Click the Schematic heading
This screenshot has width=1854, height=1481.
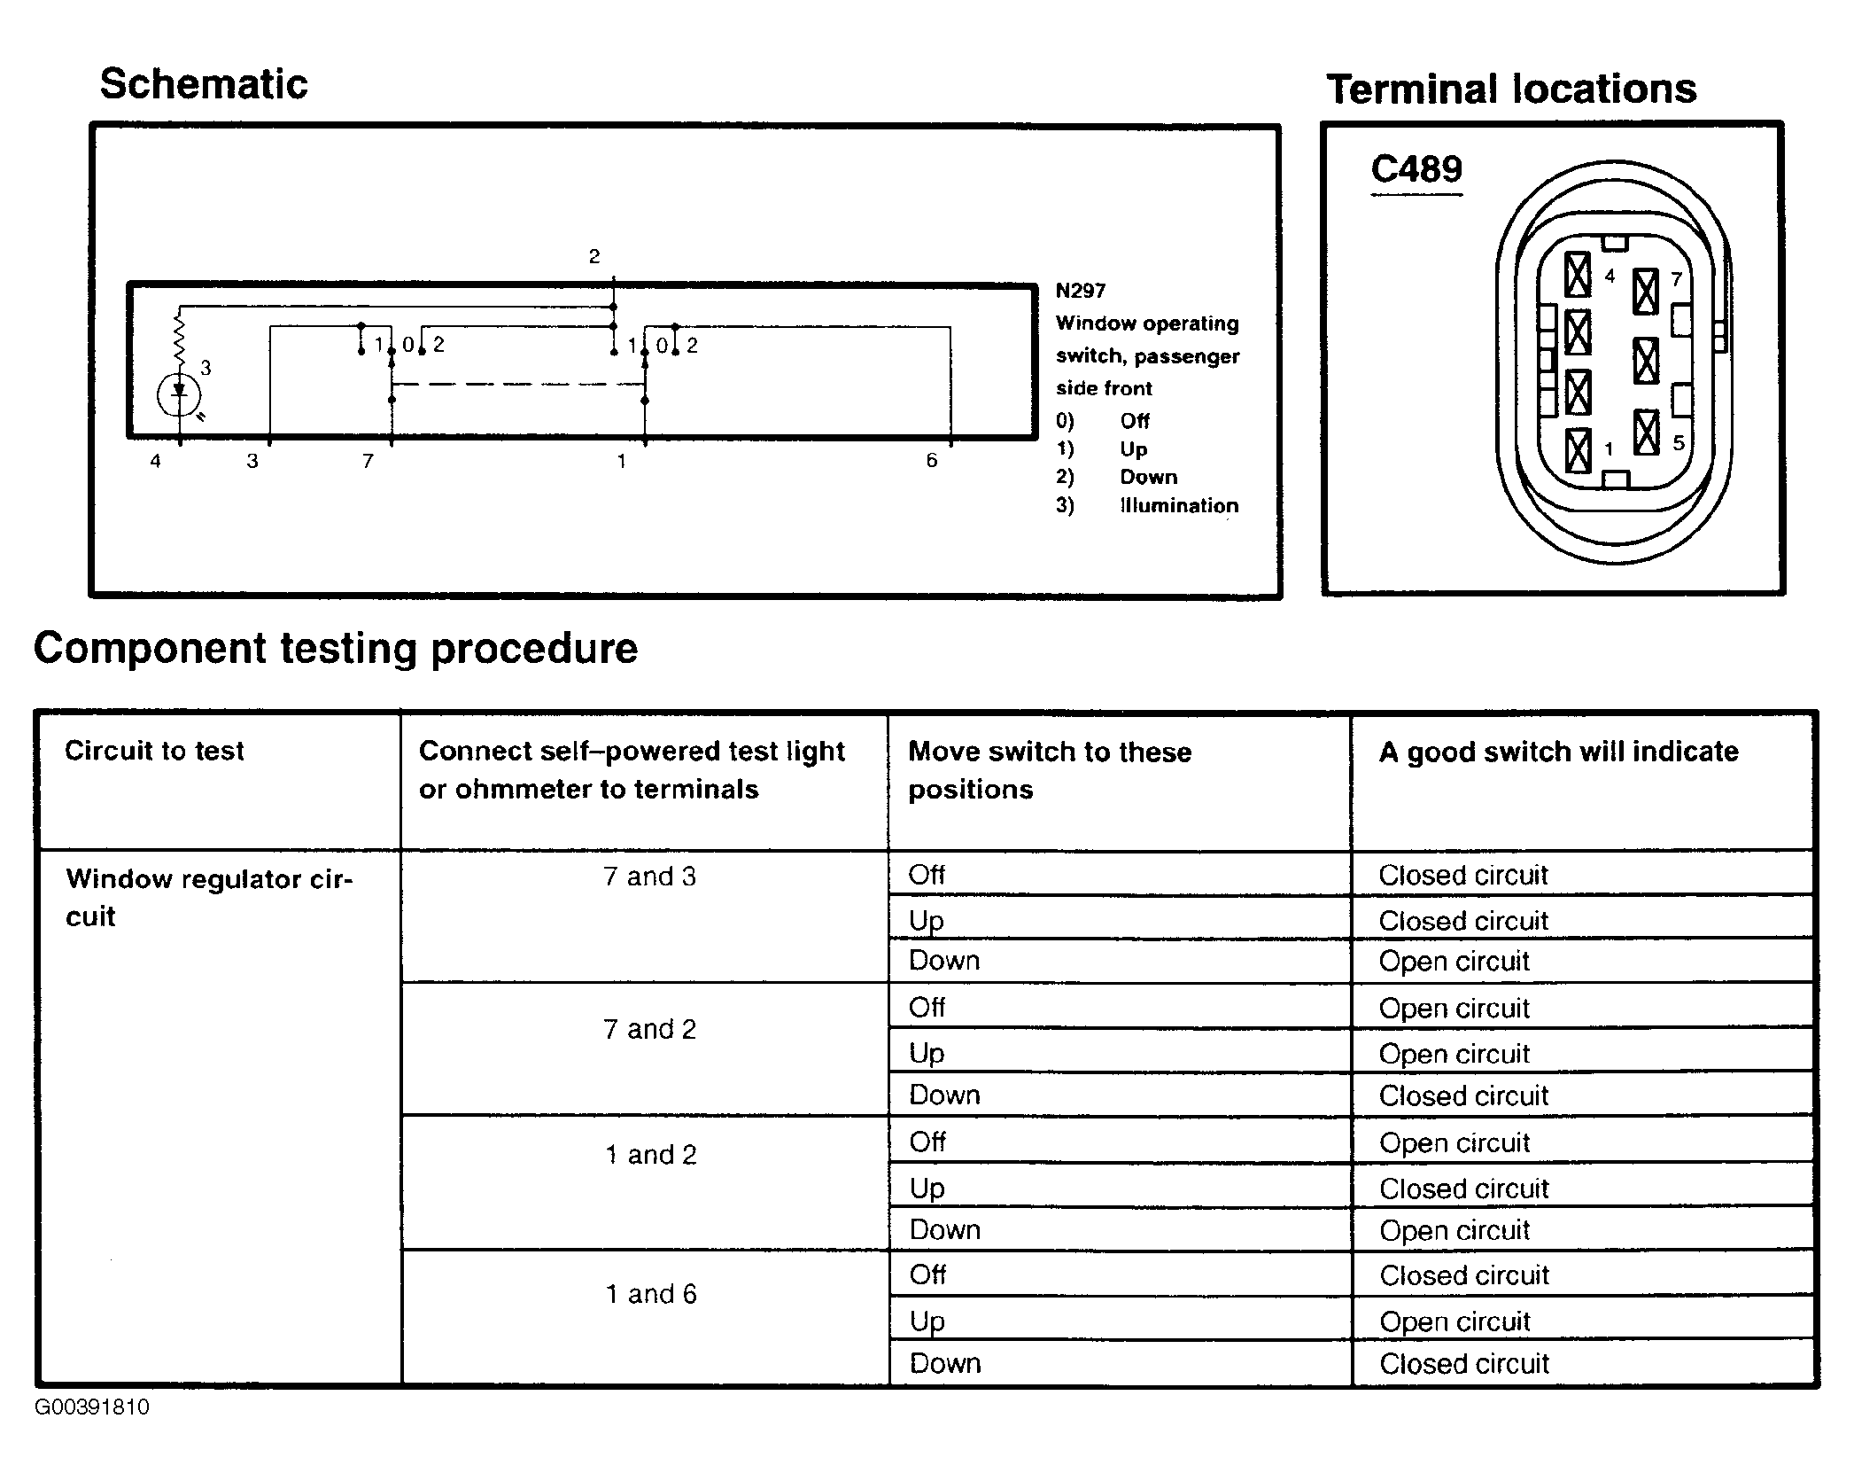click(204, 85)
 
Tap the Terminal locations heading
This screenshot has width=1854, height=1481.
click(1511, 90)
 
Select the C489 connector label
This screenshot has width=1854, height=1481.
click(1416, 169)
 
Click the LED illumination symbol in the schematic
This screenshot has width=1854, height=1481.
click(179, 394)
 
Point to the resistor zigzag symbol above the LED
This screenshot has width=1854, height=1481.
click(179, 340)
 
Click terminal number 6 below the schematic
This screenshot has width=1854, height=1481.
click(931, 460)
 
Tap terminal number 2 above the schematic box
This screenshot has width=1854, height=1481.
click(594, 257)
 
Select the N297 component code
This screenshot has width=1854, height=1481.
click(1080, 291)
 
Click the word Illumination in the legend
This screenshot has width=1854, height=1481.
click(1179, 506)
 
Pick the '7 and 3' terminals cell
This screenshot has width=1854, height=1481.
click(649, 877)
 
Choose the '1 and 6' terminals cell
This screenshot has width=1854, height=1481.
click(651, 1294)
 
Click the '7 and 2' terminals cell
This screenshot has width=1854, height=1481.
click(649, 1029)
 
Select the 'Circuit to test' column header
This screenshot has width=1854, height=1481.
click(154, 751)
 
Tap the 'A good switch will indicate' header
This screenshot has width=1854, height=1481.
click(1558, 752)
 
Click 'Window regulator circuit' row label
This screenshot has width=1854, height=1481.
click(208, 897)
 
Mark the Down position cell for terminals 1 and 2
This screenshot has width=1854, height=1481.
click(944, 1229)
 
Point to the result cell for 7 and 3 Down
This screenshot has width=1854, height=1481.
click(1454, 961)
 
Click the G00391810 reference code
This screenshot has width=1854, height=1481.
click(92, 1407)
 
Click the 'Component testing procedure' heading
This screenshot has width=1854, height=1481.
click(335, 649)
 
